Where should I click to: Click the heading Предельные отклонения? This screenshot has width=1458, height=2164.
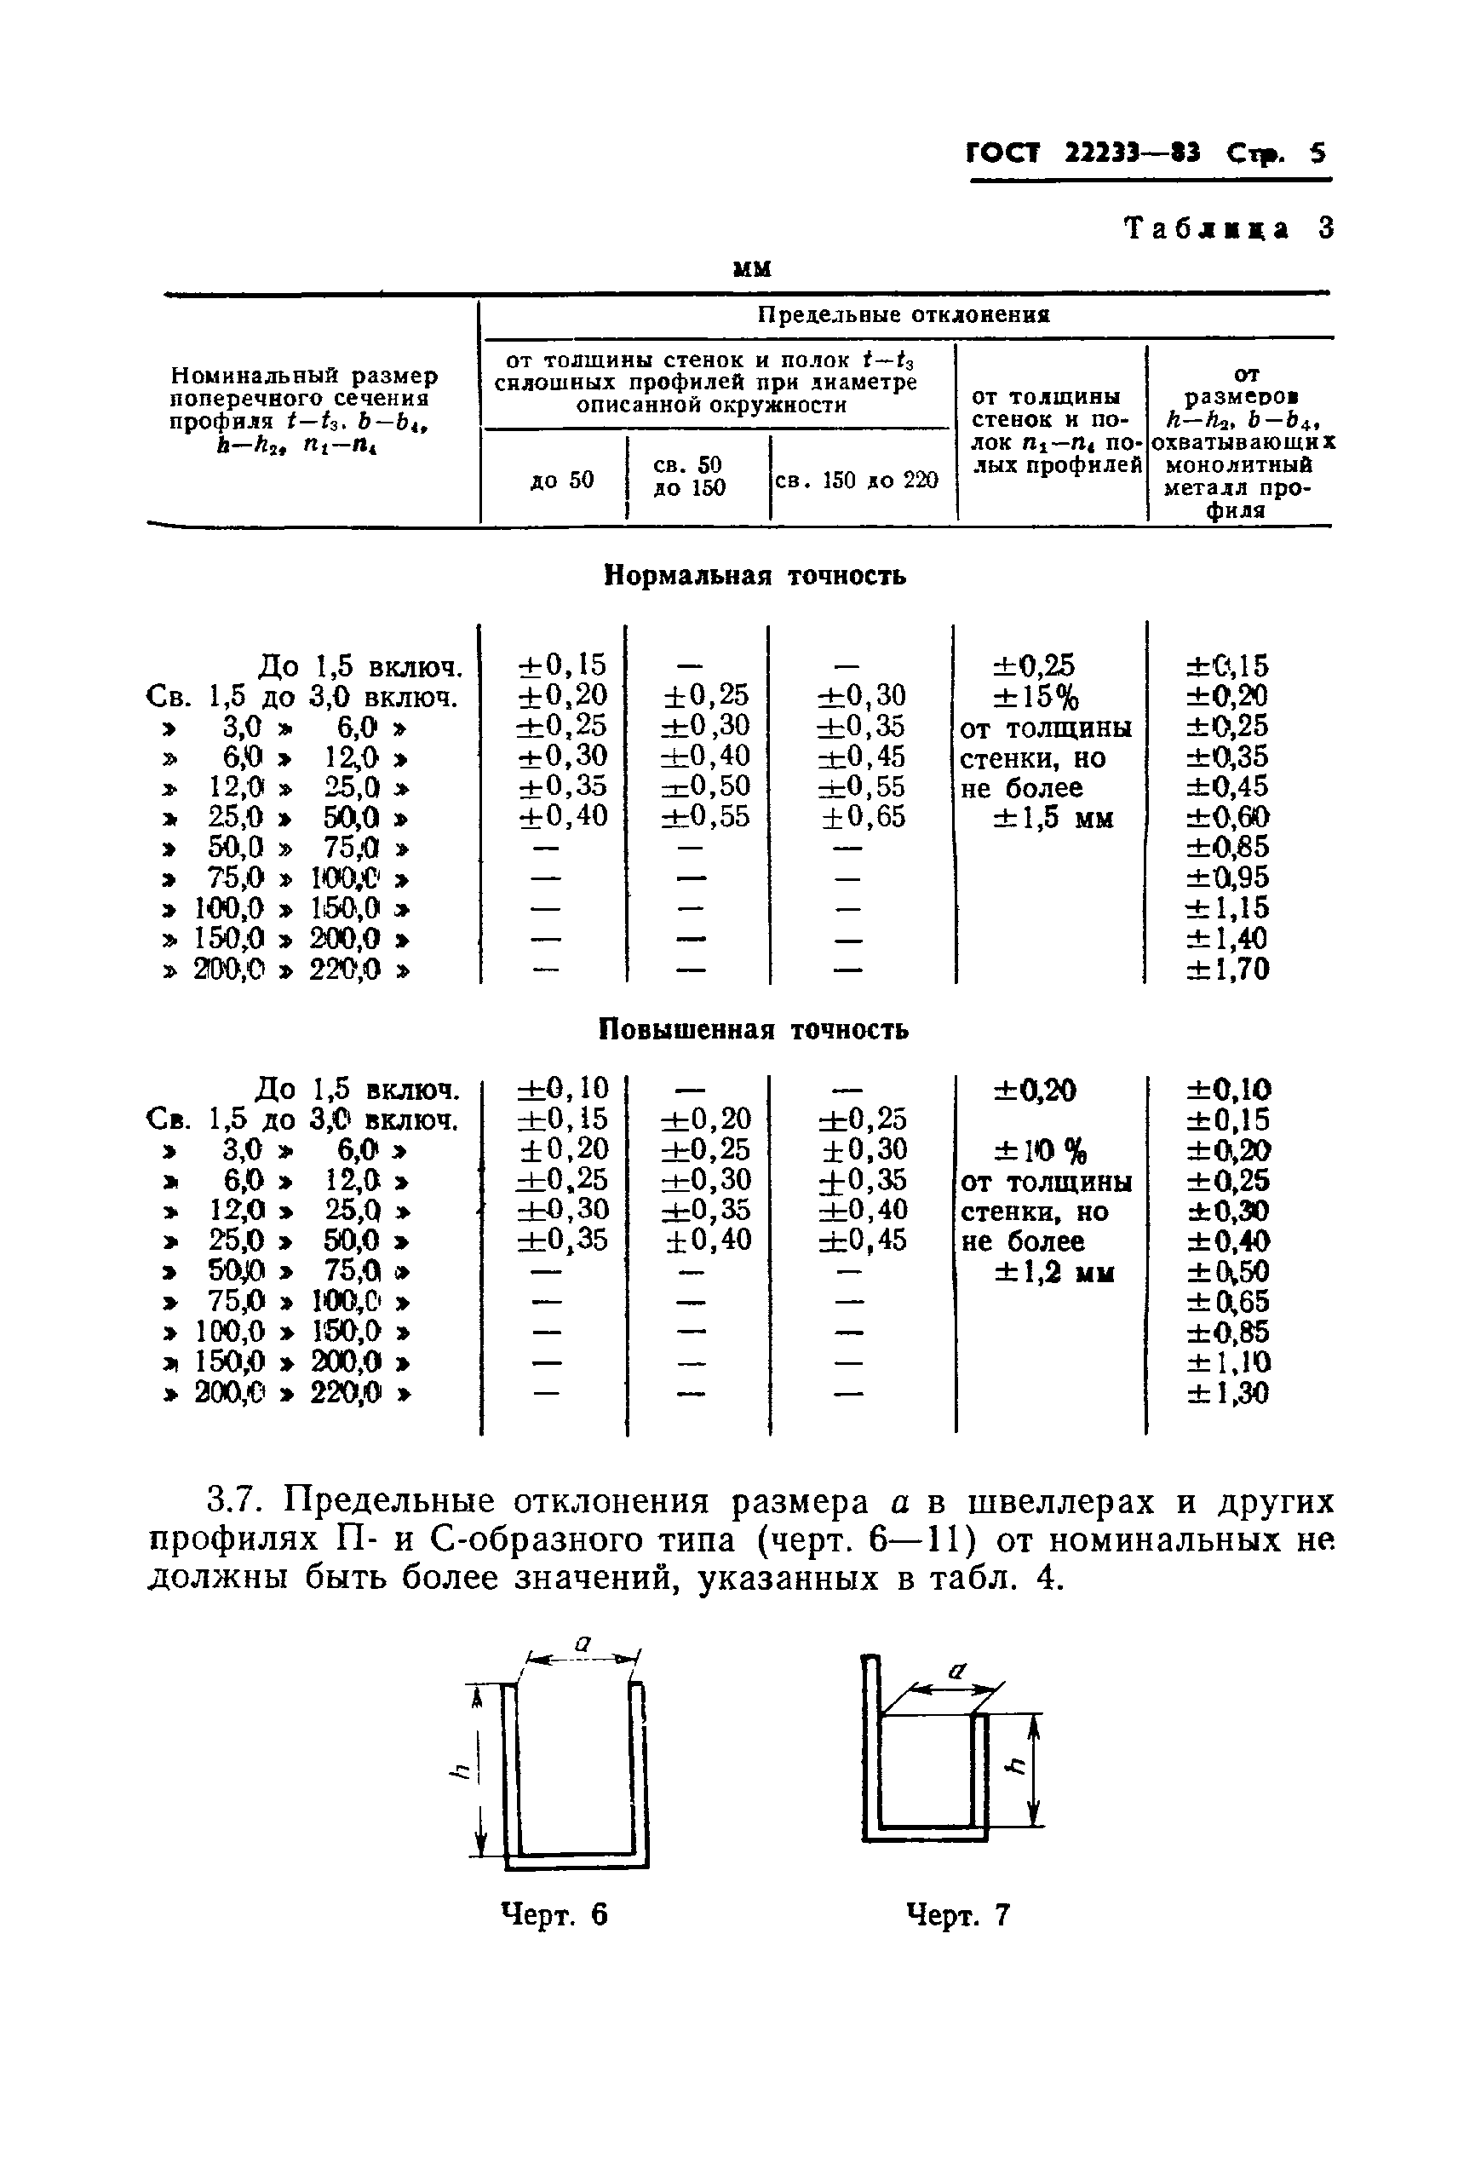904,314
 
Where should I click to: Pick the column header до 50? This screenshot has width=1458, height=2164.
561,481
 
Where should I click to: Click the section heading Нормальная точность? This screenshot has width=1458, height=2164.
755,576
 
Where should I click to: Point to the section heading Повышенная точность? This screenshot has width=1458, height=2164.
753,1029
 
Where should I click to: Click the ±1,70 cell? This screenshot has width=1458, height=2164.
1227,969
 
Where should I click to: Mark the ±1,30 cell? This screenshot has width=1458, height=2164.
1227,1392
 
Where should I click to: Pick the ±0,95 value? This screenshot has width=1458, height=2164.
1227,877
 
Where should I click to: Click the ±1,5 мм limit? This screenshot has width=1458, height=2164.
1053,819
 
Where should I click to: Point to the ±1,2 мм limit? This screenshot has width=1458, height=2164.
1054,1272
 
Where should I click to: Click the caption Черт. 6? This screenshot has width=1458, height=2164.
554,1914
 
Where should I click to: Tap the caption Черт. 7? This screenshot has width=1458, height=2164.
958,1914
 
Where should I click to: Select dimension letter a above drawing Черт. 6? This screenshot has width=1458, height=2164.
583,1643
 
